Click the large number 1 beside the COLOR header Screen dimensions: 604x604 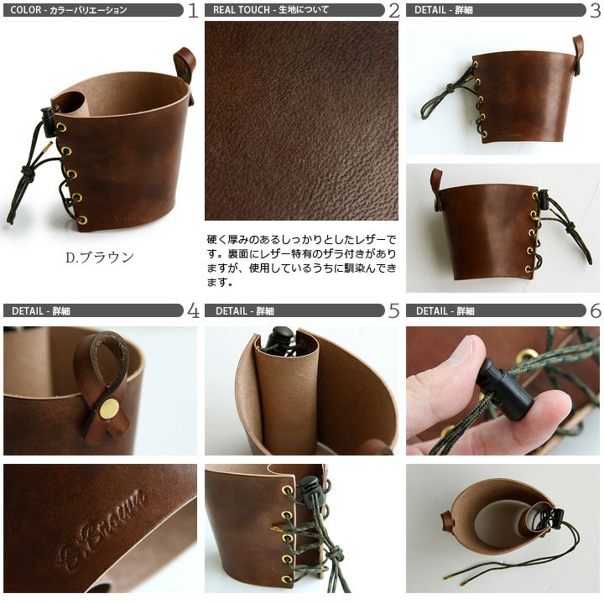coord(193,10)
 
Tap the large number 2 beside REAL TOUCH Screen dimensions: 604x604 coord(394,10)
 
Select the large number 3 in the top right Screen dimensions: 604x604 coord(595,10)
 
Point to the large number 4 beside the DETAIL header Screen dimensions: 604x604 coord(193,310)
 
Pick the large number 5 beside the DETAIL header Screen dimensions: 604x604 coord(394,310)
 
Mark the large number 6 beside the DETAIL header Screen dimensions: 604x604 coord(596,310)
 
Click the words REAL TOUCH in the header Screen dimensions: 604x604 coord(241,10)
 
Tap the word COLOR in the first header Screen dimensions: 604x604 coord(25,10)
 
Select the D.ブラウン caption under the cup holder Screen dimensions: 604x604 coord(99,258)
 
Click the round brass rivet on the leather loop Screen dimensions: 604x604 coord(109,406)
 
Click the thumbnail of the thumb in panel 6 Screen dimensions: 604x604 coord(464,349)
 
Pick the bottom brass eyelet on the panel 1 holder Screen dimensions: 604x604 coord(81,220)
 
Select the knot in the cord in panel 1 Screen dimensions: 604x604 coord(28,173)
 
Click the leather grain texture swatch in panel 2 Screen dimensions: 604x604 coord(301,121)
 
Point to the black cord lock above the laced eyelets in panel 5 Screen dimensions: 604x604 coord(310,487)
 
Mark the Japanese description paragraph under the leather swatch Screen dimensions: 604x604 coord(301,261)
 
